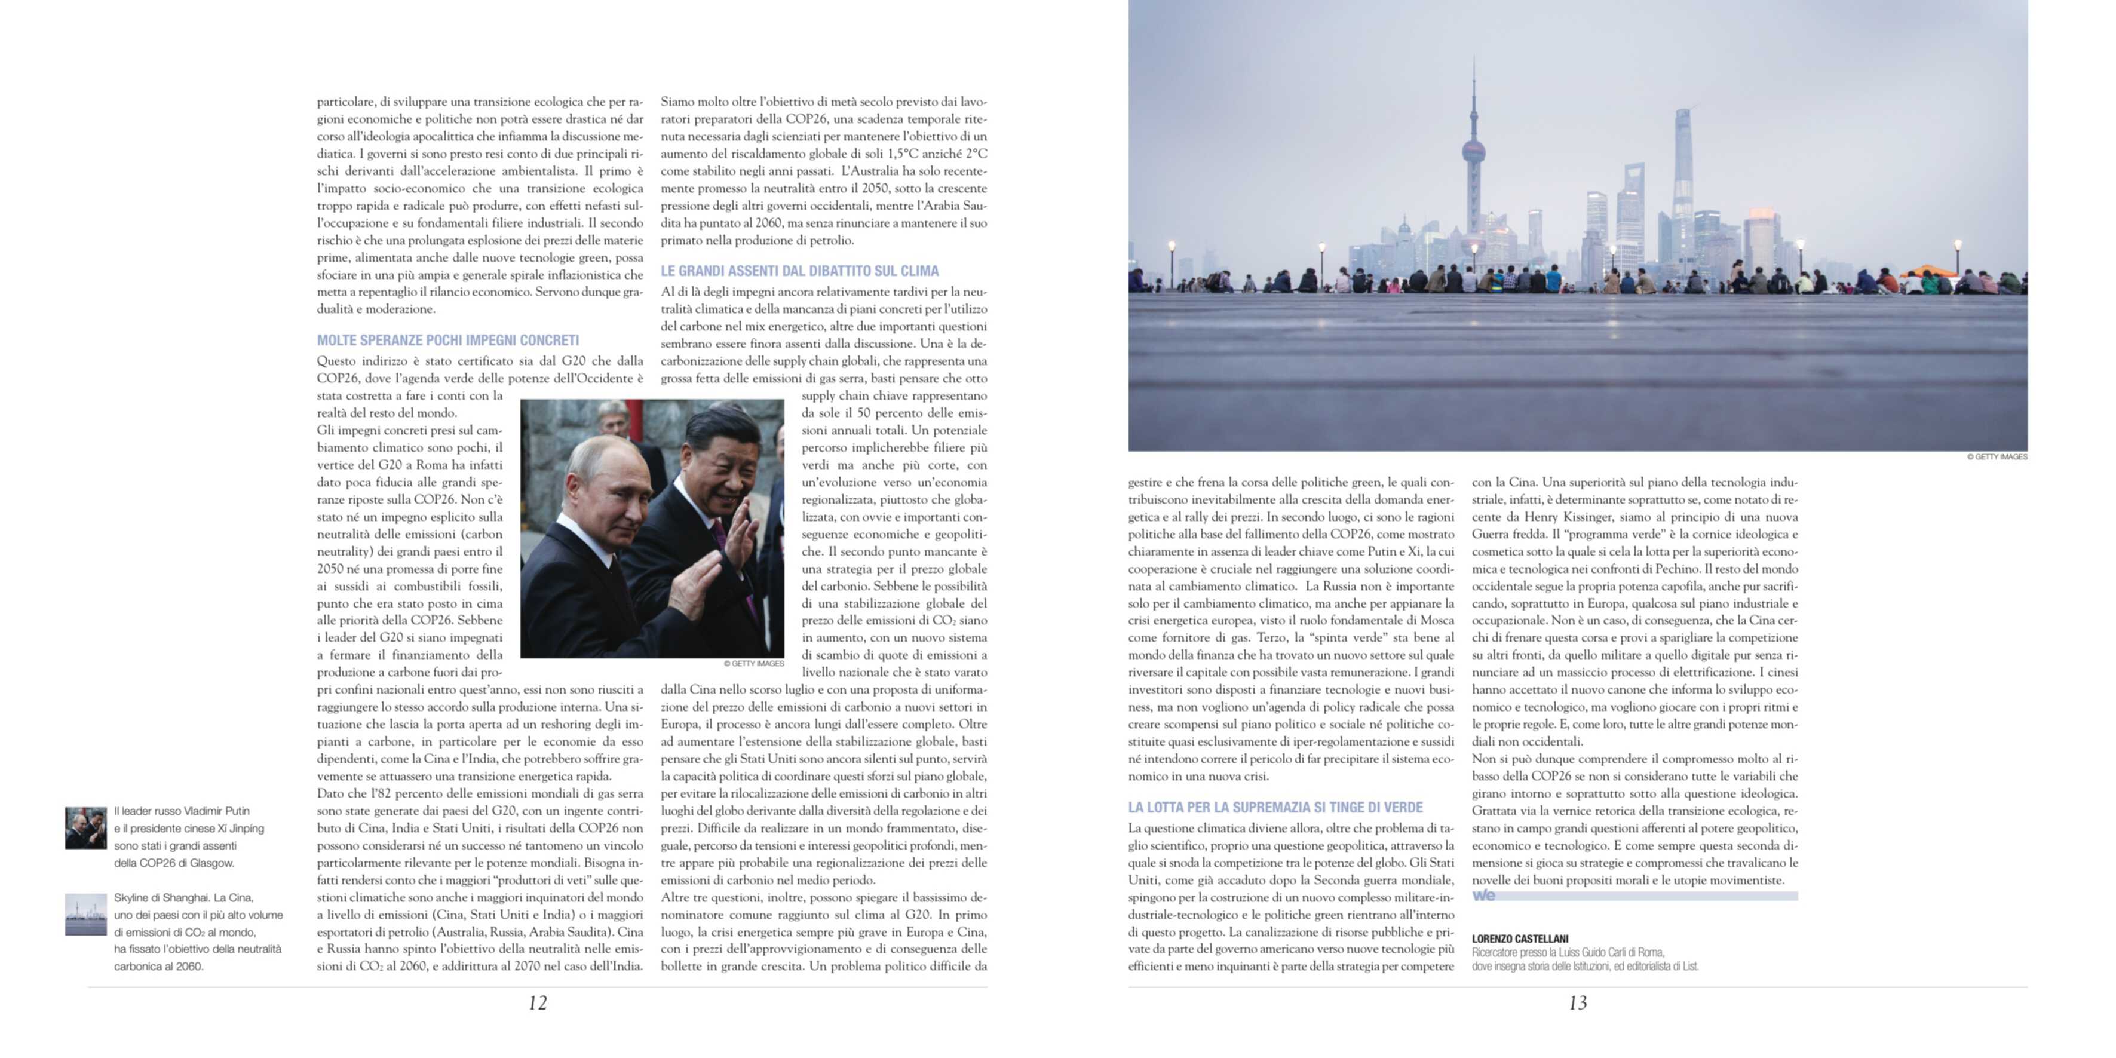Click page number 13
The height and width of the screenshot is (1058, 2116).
pos(1577,1003)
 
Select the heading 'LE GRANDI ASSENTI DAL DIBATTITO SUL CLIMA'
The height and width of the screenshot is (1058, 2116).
pos(799,271)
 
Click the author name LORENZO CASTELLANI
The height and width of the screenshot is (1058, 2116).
pos(1520,938)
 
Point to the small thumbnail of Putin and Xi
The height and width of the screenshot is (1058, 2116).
pos(85,828)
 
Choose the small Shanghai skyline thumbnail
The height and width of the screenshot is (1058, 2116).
pos(85,914)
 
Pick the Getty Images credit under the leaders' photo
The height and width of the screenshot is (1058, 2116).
pos(753,663)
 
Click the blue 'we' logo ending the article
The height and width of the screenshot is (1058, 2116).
pos(1483,896)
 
